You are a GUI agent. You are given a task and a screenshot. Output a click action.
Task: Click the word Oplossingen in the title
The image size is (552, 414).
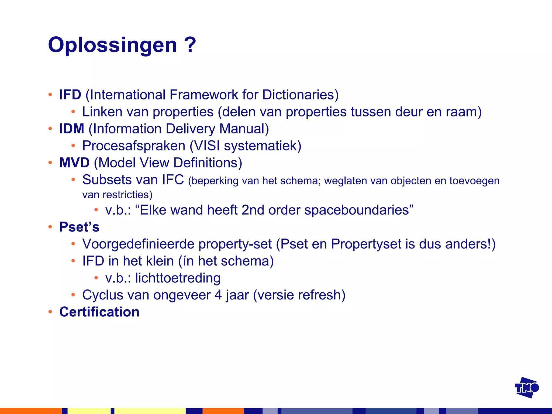[112, 45]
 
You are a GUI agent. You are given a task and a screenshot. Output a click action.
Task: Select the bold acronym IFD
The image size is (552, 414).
[70, 95]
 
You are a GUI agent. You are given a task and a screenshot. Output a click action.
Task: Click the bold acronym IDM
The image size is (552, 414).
[72, 129]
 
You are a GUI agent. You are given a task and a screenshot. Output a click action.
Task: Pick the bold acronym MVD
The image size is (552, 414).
[74, 163]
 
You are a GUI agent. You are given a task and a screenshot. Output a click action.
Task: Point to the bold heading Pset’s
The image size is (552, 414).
[79, 227]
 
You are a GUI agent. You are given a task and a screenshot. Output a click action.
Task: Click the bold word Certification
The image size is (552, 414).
[99, 312]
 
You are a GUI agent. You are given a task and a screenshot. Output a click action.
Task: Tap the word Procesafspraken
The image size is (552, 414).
[134, 146]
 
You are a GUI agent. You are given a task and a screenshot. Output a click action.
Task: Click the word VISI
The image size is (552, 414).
[207, 146]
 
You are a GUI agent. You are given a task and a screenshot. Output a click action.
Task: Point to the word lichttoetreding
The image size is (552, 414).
[178, 278]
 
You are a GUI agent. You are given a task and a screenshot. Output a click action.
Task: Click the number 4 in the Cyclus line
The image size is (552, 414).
[218, 295]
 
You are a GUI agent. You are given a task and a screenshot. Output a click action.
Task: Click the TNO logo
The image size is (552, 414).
[526, 388]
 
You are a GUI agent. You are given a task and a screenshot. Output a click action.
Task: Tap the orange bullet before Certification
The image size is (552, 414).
[50, 312]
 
